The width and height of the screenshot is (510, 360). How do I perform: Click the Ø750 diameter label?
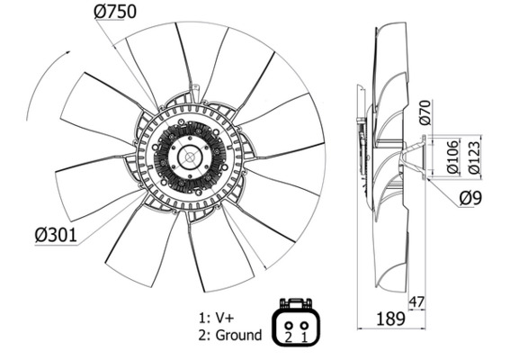(x=115, y=12)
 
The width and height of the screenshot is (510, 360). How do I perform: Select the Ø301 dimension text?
(x=56, y=235)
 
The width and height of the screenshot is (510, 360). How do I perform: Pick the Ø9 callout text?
(x=473, y=199)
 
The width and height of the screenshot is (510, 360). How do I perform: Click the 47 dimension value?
(x=416, y=301)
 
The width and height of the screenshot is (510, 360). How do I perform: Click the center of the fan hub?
(x=190, y=159)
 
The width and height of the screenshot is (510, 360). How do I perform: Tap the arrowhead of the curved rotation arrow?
(x=62, y=55)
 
